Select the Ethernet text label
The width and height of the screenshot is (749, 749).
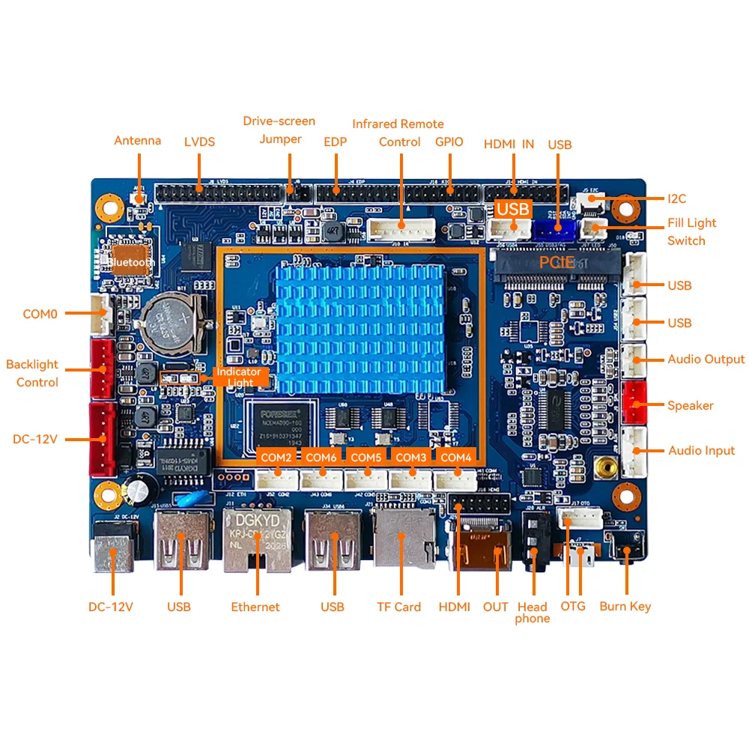[x=255, y=607]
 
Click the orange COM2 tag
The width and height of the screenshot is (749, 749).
[x=276, y=457]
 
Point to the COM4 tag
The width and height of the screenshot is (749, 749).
[x=456, y=457]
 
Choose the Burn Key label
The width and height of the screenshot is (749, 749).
[x=625, y=606]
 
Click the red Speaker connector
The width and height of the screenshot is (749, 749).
[x=635, y=404]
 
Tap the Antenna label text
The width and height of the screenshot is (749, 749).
[x=137, y=141]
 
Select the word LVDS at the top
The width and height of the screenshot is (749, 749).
[x=199, y=142]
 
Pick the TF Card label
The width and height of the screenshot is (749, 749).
[x=398, y=607]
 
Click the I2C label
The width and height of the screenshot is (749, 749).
[x=677, y=198]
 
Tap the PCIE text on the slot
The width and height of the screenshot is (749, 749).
[x=557, y=262]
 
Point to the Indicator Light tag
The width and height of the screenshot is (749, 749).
[x=239, y=377]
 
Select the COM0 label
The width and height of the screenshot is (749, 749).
[x=40, y=314]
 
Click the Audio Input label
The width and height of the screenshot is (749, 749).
[x=701, y=450]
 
